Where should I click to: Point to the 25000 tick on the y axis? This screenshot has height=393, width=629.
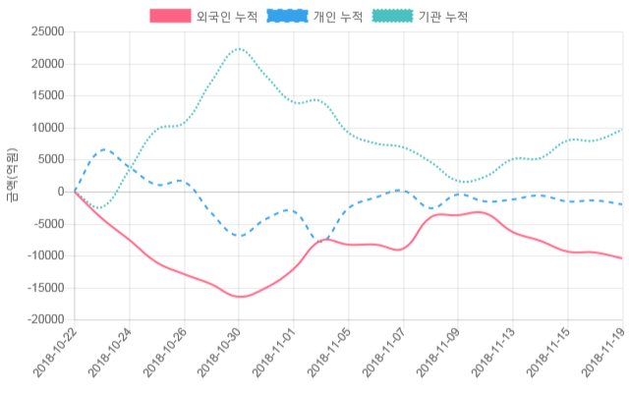click(x=48, y=32)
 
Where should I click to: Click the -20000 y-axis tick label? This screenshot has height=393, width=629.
click(x=45, y=319)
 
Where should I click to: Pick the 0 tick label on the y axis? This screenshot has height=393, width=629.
click(x=61, y=192)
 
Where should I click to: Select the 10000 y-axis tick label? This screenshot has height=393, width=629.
click(x=48, y=128)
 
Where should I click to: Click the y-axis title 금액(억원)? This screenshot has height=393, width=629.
click(x=12, y=176)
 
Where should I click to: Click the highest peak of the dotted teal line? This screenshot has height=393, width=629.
click(x=239, y=48)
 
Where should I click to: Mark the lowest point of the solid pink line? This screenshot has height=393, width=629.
click(x=241, y=297)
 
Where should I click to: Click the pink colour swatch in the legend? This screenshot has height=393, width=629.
click(x=170, y=17)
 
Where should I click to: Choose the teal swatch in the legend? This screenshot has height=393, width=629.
click(x=393, y=17)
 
